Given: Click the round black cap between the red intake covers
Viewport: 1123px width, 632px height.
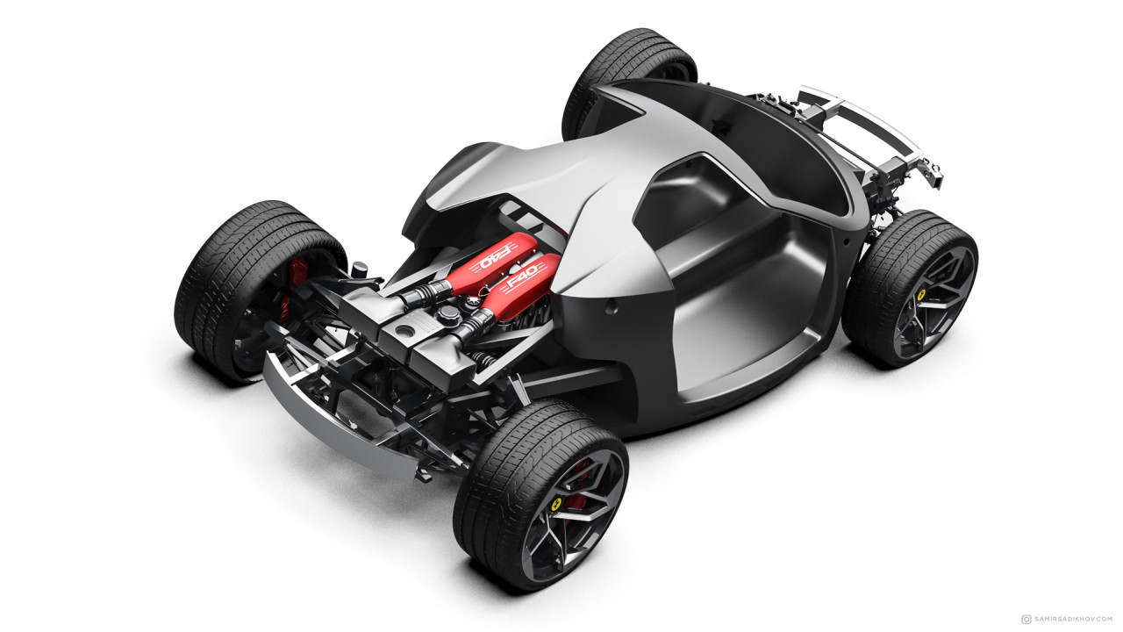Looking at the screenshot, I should tap(448, 313).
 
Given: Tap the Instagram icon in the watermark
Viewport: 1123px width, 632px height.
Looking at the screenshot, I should tap(1026, 618).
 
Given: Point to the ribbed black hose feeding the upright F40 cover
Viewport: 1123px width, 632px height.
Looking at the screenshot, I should tap(472, 324).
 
